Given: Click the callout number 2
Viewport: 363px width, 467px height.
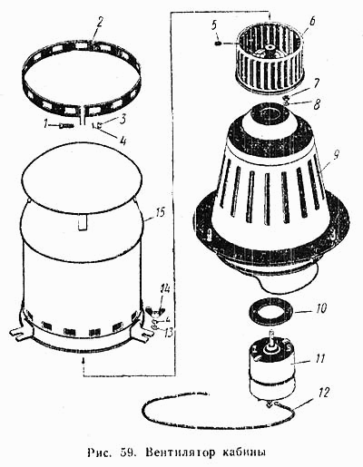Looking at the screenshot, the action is click(99, 23).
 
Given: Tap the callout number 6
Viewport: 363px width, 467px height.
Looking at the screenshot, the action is click(311, 22).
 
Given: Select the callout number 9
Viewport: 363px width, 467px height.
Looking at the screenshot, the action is click(335, 154).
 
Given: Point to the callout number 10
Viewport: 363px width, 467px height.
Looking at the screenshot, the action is click(320, 309).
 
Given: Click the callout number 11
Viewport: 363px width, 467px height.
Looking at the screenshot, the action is click(319, 359).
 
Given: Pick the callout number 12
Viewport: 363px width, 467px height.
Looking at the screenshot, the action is click(322, 394).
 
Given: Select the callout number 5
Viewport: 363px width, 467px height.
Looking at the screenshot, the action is click(214, 25).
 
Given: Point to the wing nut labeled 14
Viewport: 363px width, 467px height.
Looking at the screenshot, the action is click(154, 311).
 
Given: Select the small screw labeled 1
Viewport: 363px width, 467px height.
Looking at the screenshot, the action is click(66, 125).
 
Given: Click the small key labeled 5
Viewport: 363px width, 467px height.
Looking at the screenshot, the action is click(218, 44).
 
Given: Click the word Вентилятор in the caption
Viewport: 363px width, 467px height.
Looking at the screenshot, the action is click(181, 452).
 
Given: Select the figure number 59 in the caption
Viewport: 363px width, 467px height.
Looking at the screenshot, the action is click(128, 452).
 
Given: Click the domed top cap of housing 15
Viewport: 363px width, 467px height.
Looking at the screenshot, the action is click(82, 175).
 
